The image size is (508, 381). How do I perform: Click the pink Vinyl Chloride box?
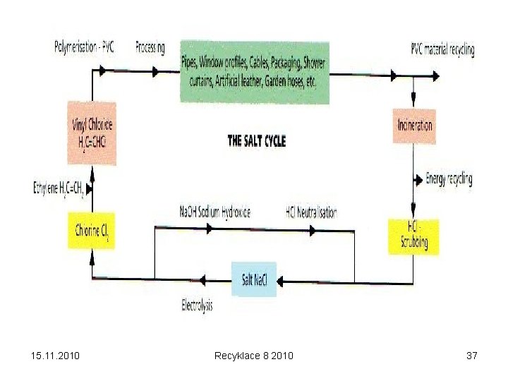coord(92,133)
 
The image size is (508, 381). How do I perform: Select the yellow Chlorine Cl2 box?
coord(92,231)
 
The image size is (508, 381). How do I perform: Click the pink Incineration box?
coord(414,126)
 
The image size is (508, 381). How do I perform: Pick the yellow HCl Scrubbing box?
coord(413,236)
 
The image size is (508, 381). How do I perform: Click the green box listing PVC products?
coord(254,71)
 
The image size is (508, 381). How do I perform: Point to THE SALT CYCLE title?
coord(257,141)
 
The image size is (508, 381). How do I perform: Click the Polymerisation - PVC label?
coord(84,47)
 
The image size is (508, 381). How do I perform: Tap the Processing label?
coord(150,47)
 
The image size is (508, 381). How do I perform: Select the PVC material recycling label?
coord(442,49)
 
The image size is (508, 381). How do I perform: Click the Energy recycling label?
coord(449,179)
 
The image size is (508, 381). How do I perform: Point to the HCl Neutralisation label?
coord(310,212)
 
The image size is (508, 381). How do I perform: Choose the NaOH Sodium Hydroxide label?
coord(215,212)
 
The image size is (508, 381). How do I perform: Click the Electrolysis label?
coord(197,306)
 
